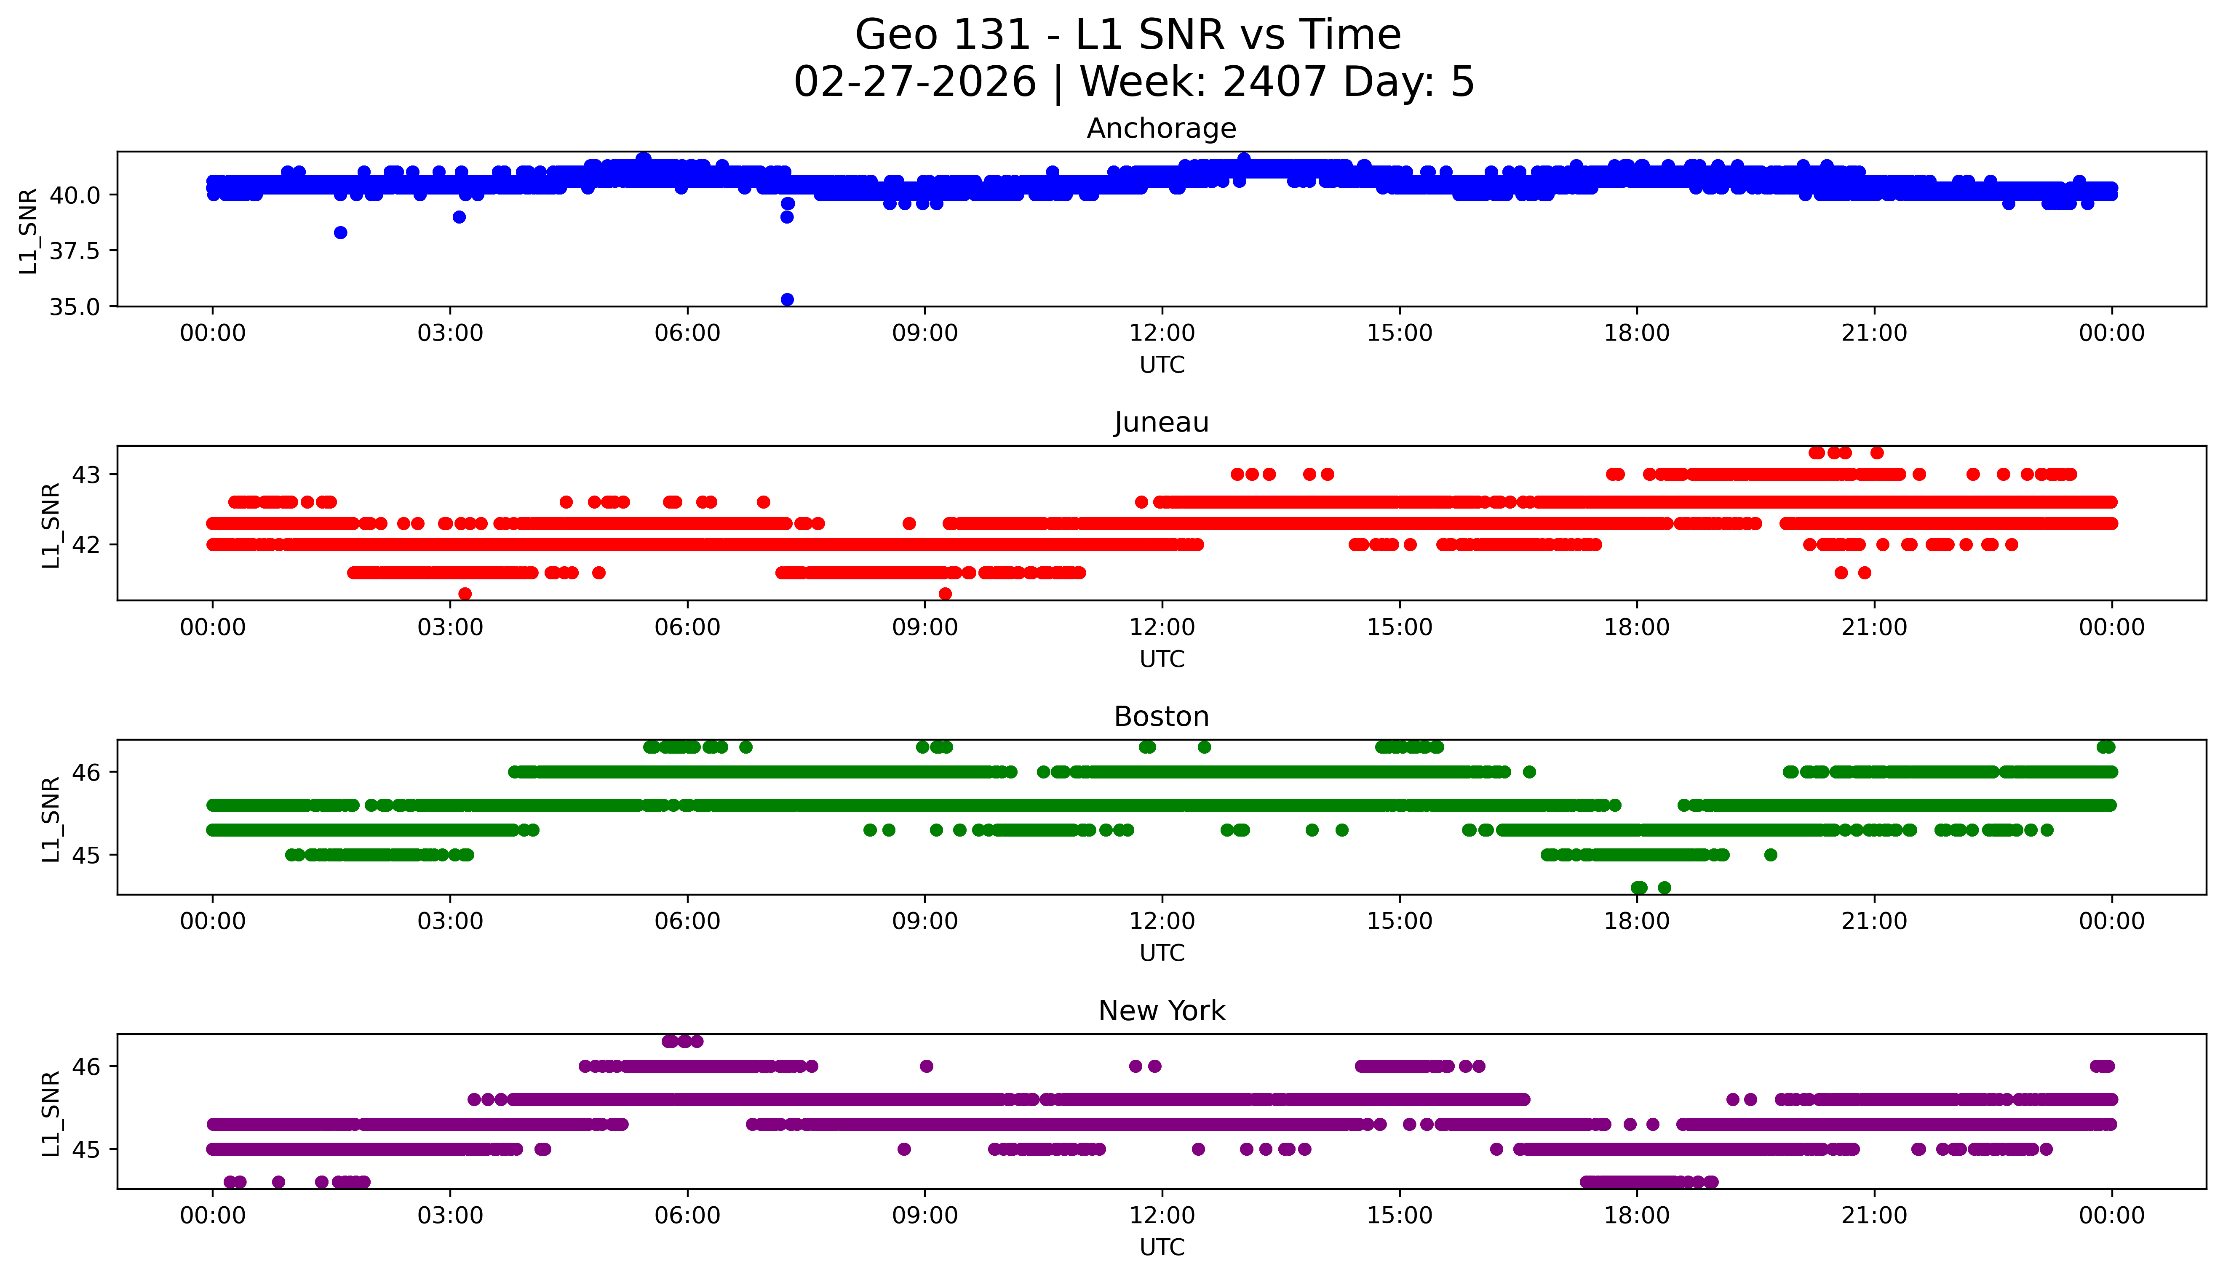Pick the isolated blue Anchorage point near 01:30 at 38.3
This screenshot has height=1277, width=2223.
pyautogui.click(x=340, y=232)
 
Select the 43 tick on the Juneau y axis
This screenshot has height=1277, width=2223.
pyautogui.click(x=86, y=475)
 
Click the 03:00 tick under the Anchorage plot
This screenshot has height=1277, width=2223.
pyautogui.click(x=450, y=333)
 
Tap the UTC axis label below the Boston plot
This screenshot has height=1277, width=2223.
pyautogui.click(x=1162, y=952)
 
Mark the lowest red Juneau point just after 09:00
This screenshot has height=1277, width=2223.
pyautogui.click(x=945, y=594)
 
